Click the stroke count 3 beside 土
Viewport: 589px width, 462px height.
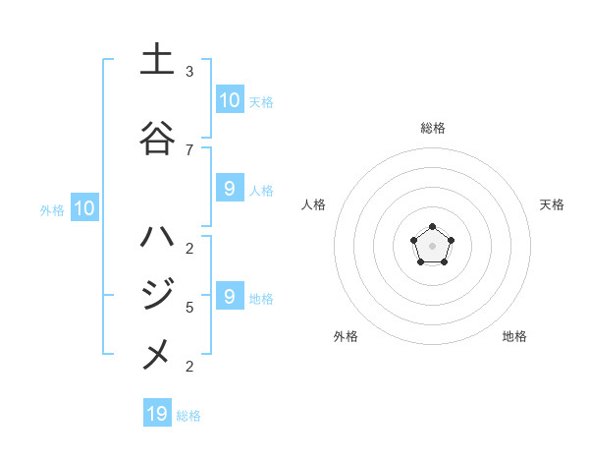tap(189, 72)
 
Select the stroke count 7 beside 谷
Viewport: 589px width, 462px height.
tap(189, 149)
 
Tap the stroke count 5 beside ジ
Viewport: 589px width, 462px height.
tap(189, 308)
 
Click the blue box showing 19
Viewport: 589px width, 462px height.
tap(157, 414)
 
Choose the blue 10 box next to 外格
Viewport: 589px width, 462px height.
tap(84, 208)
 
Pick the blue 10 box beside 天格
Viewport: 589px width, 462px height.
tap(229, 100)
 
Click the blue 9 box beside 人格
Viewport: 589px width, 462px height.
tap(229, 189)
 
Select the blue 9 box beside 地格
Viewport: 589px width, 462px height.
tap(229, 296)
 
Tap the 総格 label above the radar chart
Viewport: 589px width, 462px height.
tap(432, 128)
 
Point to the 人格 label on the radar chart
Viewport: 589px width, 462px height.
tap(314, 204)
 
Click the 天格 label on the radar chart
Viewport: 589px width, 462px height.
tap(552, 204)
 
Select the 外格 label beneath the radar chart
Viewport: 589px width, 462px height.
tap(346, 336)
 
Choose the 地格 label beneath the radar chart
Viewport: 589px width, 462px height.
tap(514, 336)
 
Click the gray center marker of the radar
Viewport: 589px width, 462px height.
tap(432, 246)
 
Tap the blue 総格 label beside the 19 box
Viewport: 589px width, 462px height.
tap(188, 416)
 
